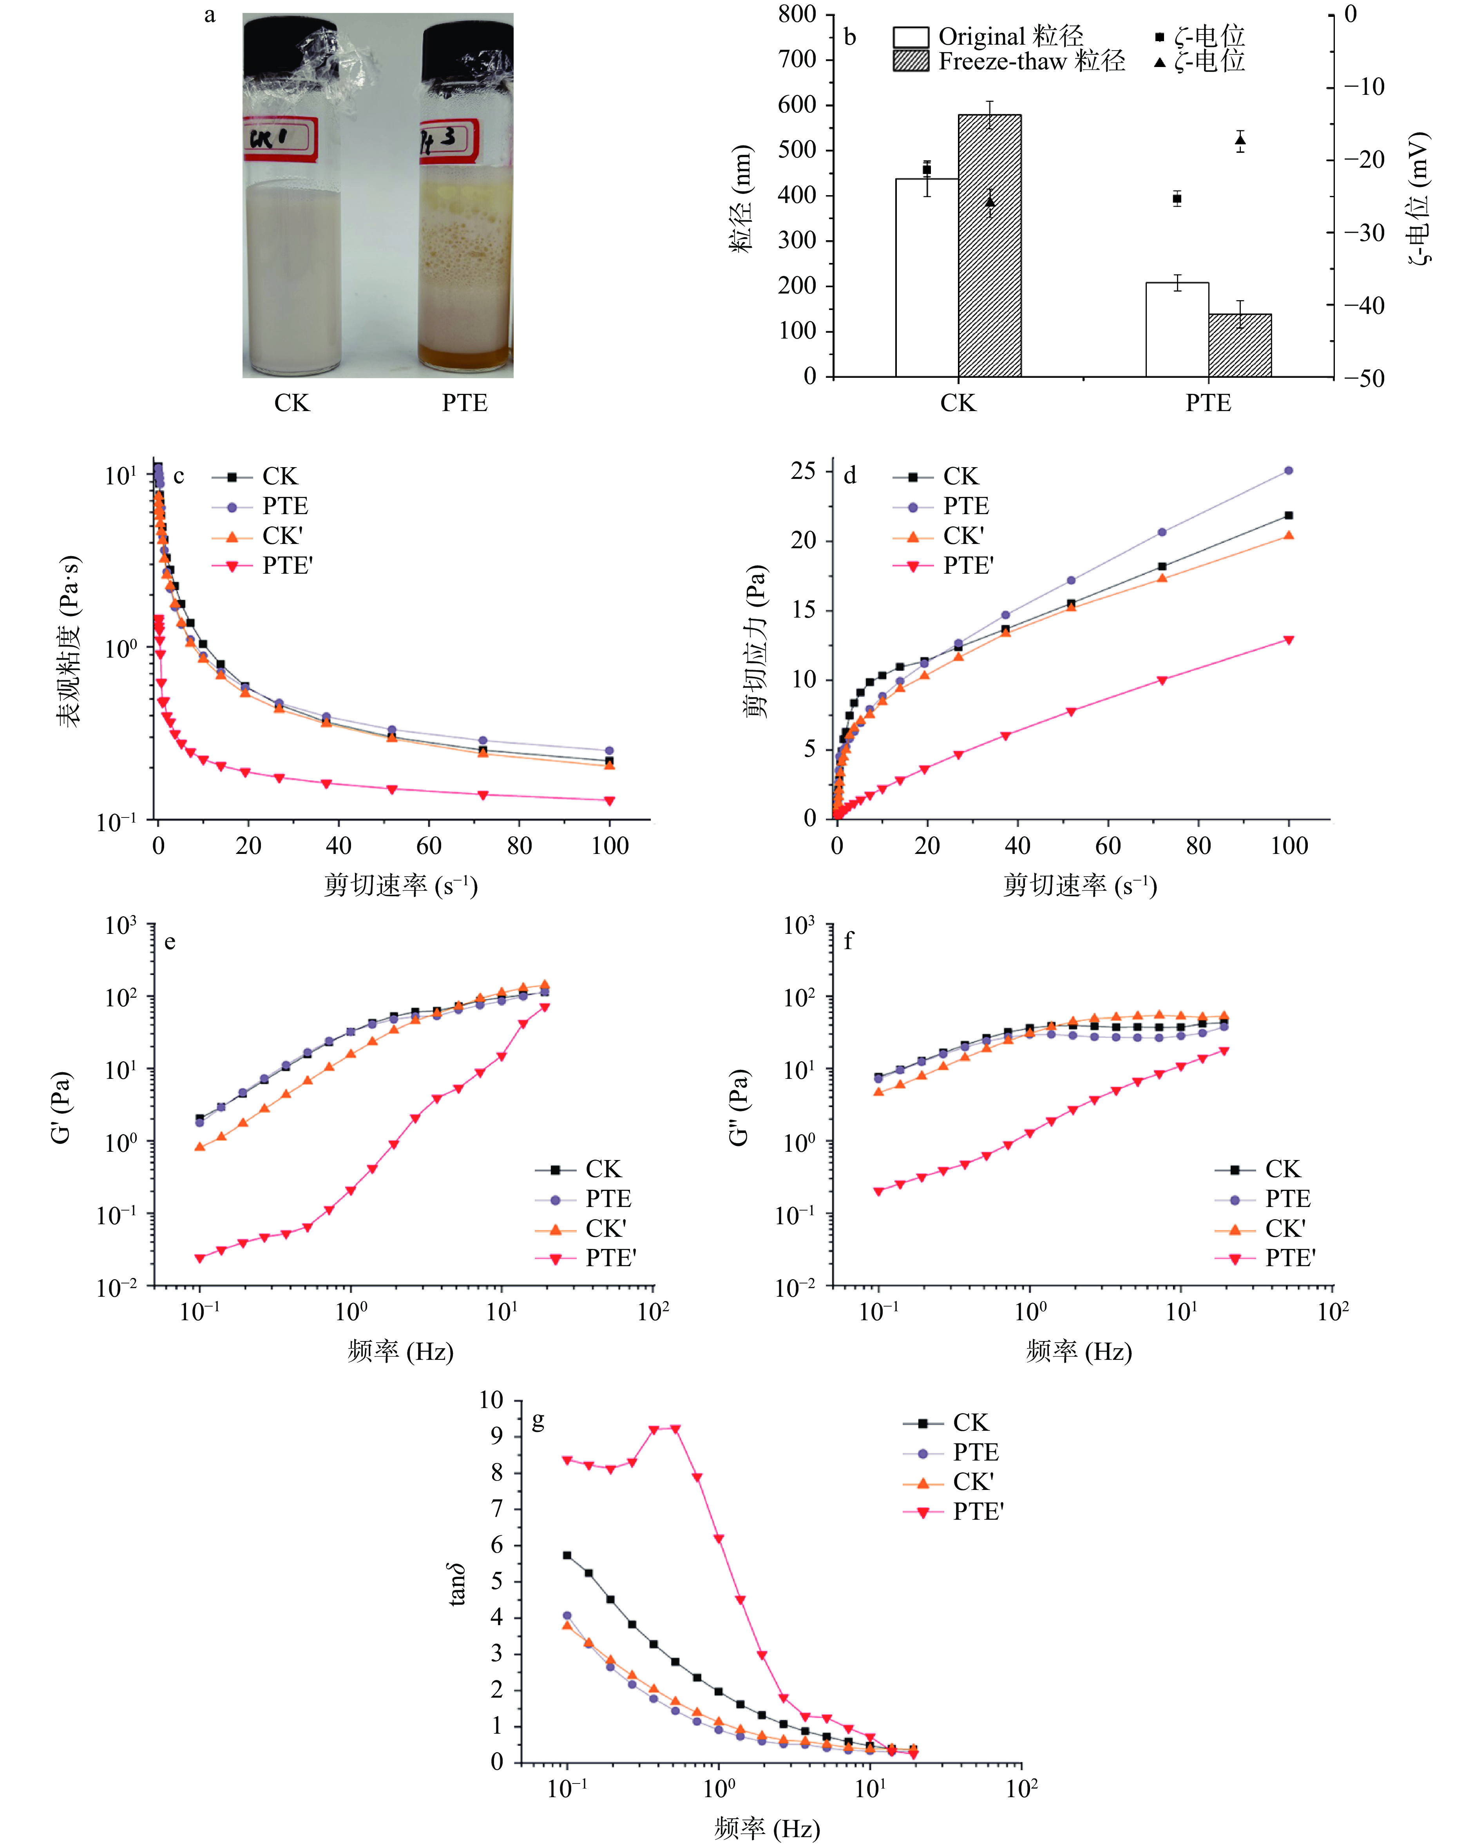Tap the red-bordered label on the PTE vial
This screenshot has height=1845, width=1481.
[447, 140]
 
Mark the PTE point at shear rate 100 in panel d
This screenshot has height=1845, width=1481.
[1289, 471]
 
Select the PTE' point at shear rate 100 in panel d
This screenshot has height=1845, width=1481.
[1289, 640]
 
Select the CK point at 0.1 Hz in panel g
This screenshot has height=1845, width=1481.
[567, 1555]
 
